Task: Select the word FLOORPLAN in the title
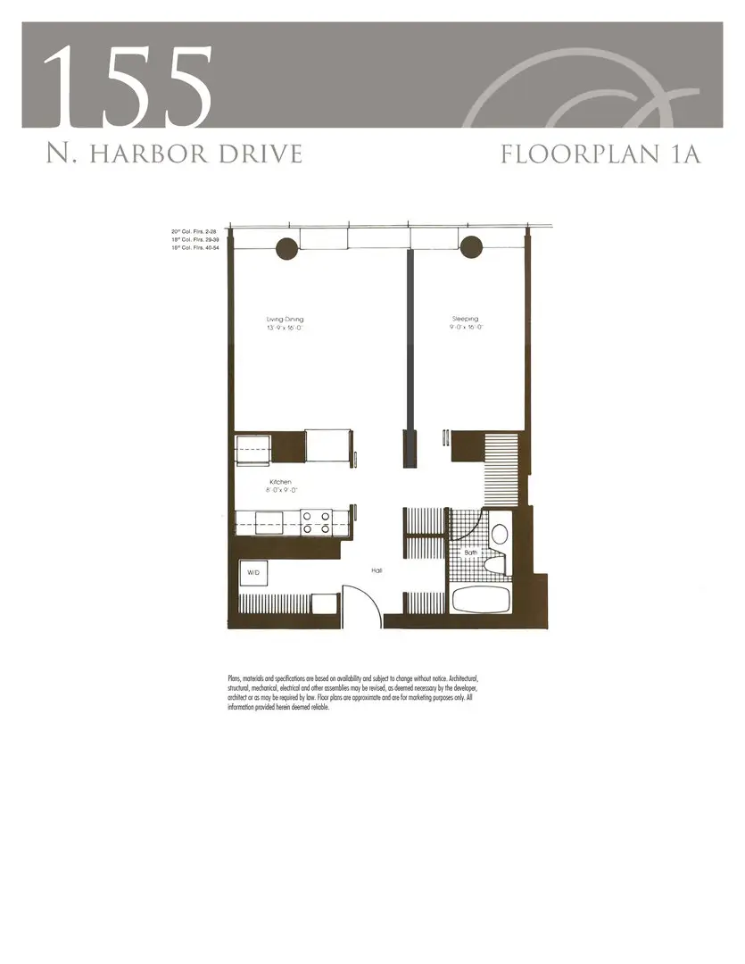pyautogui.click(x=576, y=154)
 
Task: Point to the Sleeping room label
pyautogui.click(x=464, y=319)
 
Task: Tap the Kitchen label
pyautogui.click(x=280, y=482)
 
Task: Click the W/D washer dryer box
pyautogui.click(x=253, y=572)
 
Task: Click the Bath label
pyautogui.click(x=470, y=553)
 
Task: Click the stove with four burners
pyautogui.click(x=316, y=521)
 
